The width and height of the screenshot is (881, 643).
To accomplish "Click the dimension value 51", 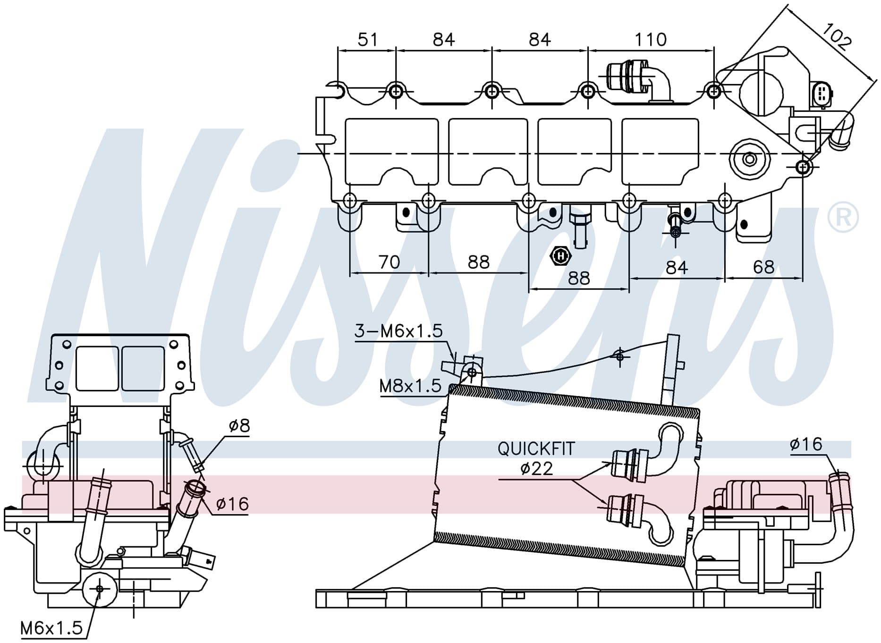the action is point(368,39).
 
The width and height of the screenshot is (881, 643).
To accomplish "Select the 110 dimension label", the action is point(651,39).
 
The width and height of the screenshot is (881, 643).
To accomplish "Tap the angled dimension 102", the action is point(836,36).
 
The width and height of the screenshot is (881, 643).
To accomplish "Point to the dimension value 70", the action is point(389,262).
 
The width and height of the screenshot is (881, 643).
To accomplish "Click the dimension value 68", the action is point(763,267).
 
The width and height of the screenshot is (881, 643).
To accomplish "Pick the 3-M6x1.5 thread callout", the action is point(398,331).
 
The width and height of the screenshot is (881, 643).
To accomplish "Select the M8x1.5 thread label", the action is point(410,386).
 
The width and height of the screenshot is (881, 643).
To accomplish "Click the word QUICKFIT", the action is point(536,448).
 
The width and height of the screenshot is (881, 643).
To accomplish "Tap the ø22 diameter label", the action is point(536,468).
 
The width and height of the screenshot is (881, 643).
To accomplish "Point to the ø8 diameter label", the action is point(239,426).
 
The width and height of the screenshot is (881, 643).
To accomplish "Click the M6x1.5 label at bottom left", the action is point(51,628).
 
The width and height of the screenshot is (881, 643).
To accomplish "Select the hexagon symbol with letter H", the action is point(560,256).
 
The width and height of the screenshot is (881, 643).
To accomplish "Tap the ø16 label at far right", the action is point(806,444).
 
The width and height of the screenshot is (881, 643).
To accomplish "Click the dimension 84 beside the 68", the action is point(677,267).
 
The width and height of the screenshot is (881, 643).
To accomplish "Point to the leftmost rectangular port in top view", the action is point(392,151).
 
